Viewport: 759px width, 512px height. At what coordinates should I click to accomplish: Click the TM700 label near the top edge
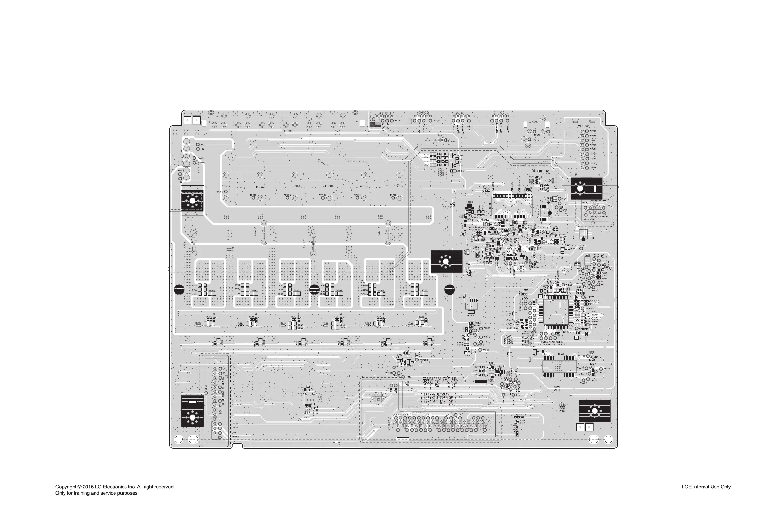click(x=287, y=131)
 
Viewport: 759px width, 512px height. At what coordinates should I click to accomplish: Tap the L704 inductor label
click(x=296, y=186)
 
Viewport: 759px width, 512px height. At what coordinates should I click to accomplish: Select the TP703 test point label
click(x=253, y=195)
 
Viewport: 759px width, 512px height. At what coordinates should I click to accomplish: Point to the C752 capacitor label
click(x=255, y=232)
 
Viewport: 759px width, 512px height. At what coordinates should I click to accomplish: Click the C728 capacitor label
click(x=304, y=243)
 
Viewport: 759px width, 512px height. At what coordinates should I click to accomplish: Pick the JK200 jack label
click(x=535, y=122)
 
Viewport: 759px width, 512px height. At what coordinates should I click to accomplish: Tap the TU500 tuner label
click(x=584, y=126)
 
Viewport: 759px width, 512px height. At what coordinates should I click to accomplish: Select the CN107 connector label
click(x=441, y=136)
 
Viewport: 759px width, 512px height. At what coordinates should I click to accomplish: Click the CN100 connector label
click(x=499, y=113)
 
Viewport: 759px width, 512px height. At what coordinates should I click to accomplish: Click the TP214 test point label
click(x=535, y=140)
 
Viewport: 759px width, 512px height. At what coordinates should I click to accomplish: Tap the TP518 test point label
click(x=593, y=167)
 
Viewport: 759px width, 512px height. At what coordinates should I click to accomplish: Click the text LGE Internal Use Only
click(x=706, y=487)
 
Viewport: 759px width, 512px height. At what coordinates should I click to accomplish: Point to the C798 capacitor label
click(x=184, y=243)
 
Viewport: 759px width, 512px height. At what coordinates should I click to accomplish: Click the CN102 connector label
click(x=423, y=113)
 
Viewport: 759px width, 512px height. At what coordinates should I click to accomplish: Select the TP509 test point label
click(x=486, y=350)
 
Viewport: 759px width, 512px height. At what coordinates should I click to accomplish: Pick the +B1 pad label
click(x=202, y=144)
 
